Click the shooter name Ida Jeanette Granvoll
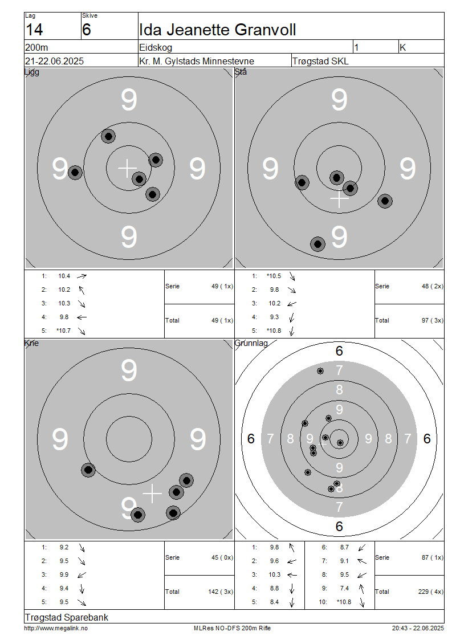click(217, 30)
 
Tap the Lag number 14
click(34, 30)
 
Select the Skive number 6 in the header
click(86, 30)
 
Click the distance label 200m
click(36, 47)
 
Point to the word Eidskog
click(156, 48)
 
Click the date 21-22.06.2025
click(54, 61)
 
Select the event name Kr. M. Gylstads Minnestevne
click(197, 61)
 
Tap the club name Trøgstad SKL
click(320, 61)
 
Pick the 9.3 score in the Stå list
click(274, 317)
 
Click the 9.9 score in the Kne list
click(64, 574)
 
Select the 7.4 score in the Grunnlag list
click(344, 588)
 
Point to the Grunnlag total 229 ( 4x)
click(430, 592)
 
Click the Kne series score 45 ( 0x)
click(222, 557)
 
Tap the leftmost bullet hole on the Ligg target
click(75, 173)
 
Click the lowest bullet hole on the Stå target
click(317, 244)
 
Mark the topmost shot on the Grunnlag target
click(320, 371)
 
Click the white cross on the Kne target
click(152, 494)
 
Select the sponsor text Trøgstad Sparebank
click(67, 617)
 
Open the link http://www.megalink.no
click(56, 628)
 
